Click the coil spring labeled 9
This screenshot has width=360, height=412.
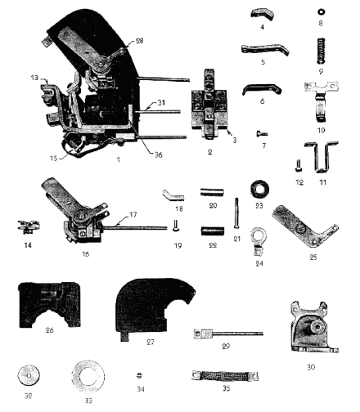point(322,51)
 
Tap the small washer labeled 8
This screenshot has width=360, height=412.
point(321,12)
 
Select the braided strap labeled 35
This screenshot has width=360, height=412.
point(225,376)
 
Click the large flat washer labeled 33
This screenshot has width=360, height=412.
point(88,377)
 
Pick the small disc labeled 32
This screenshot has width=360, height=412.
point(29,375)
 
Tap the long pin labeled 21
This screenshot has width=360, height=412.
point(236,213)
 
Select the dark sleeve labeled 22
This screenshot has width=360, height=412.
point(213,231)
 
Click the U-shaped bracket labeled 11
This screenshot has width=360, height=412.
point(322,157)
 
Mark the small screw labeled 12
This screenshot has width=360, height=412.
point(299,165)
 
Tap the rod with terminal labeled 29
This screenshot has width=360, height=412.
point(228,334)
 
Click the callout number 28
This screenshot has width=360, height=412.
point(139,41)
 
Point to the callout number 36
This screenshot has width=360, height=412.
point(158,154)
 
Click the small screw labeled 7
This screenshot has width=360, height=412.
point(262,133)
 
